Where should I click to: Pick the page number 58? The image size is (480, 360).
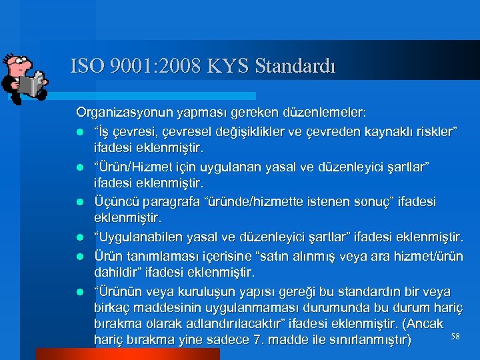455,337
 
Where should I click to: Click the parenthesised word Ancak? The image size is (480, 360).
426,325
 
